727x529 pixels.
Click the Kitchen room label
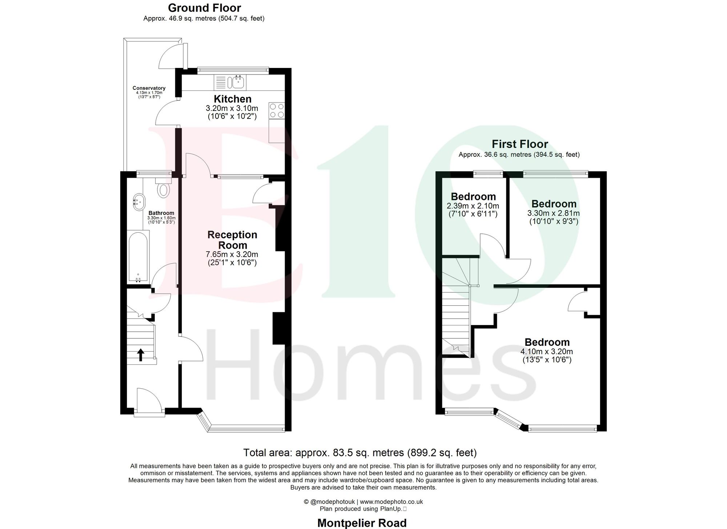tap(232, 99)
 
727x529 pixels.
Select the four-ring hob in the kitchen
tap(277, 111)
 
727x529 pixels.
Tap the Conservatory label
tap(149, 88)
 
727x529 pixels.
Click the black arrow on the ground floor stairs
tap(141, 354)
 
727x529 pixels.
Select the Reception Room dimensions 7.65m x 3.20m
tap(232, 254)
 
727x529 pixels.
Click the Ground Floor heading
tap(204, 8)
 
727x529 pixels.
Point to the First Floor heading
tap(519, 144)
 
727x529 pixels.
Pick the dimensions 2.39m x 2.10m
tap(473, 206)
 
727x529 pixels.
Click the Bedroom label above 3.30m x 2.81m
tap(554, 204)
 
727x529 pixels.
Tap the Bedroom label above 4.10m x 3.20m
tap(547, 342)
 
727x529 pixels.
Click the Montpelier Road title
tap(362, 523)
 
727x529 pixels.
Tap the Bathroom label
tap(161, 213)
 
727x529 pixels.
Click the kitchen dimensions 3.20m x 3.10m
tap(232, 108)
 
